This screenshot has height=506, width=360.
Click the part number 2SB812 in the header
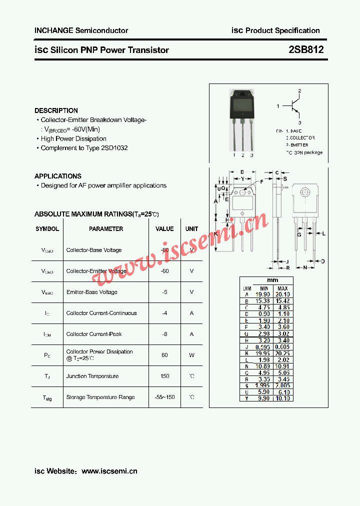[306, 50]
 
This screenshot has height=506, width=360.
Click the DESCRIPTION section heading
[56, 110]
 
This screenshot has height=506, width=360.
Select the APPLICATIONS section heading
[58, 176]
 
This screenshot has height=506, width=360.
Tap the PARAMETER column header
[106, 229]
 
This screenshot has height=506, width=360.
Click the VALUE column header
[164, 229]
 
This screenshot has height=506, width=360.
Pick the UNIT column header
[192, 229]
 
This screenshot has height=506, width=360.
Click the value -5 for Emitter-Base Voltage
[164, 292]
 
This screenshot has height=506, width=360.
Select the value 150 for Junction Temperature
[164, 376]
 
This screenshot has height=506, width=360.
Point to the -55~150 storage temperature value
[164, 397]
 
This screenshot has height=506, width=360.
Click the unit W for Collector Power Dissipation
[192, 355]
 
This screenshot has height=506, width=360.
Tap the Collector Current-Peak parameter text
[94, 334]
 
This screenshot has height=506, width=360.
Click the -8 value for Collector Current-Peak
[164, 334]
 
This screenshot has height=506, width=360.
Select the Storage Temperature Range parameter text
[100, 397]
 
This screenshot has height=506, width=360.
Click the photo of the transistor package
[242, 120]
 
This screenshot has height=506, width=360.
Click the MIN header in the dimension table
[264, 288]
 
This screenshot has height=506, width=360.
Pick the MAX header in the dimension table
[282, 288]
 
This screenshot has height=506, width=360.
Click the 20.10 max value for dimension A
[283, 294]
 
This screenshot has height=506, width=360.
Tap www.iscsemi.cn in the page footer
[109, 471]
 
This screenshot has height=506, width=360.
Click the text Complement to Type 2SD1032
[84, 148]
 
